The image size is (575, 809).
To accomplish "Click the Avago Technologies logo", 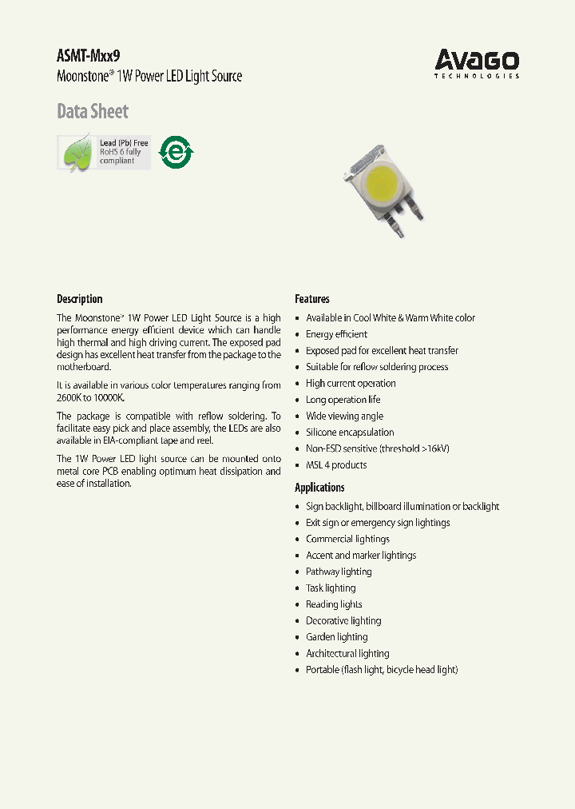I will [477, 63].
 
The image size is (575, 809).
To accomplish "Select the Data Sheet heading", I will [92, 111].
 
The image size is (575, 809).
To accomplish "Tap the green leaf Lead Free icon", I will [77, 152].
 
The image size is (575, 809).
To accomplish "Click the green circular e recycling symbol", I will [176, 151].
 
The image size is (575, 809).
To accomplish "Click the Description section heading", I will [79, 299].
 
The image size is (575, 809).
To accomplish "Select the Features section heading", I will [311, 299].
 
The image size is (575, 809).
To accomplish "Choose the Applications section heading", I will [319, 488].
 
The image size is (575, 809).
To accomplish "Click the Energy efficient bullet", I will [336, 334].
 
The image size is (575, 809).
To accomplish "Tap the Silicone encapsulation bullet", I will [350, 432].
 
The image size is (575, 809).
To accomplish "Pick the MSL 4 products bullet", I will [336, 465].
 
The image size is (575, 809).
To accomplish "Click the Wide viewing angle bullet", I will [344, 416].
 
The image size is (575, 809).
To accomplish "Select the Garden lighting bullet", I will [336, 637].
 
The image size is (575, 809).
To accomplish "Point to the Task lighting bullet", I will [331, 588].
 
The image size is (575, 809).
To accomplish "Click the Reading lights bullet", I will [334, 604].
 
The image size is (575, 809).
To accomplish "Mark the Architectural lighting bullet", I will [347, 653].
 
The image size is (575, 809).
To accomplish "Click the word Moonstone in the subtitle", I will [85, 77].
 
